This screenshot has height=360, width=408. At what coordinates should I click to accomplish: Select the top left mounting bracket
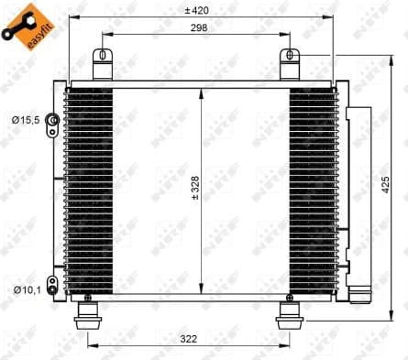[x=102, y=64]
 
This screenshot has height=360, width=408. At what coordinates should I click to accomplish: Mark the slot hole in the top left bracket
[x=102, y=56]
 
